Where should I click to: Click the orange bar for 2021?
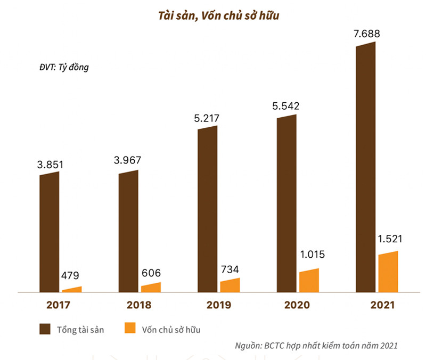388,272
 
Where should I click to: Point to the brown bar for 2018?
128,232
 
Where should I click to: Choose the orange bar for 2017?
72,290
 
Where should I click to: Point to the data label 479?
69,276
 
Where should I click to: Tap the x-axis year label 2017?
60,306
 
